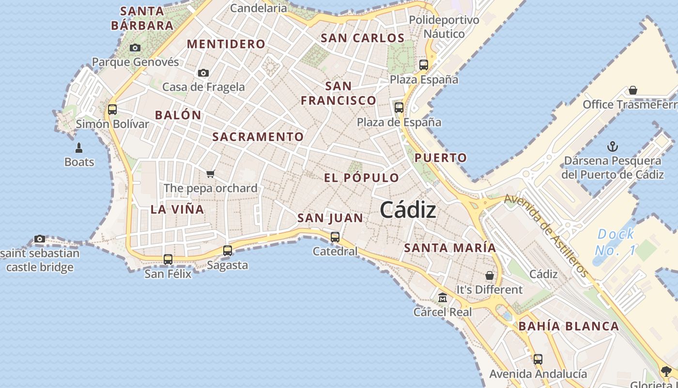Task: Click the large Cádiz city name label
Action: coord(408,210)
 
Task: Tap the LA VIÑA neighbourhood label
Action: coord(177,210)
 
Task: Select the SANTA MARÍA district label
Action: coord(450,248)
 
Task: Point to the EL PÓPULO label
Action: coord(361,178)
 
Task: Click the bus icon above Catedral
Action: coord(335,237)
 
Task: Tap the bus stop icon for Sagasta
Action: coord(227,251)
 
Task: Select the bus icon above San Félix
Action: coord(168,259)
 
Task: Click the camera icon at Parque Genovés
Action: coord(135,48)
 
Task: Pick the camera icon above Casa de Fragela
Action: coord(203,73)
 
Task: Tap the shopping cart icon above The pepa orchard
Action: coord(210,174)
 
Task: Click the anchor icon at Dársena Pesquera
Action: coord(613,146)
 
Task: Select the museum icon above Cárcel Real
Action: coord(442,297)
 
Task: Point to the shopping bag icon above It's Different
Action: coord(490,275)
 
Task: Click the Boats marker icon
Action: coord(79,147)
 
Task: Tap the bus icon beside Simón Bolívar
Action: coord(112,109)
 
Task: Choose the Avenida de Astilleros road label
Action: coord(546,235)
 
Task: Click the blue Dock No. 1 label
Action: coord(615,242)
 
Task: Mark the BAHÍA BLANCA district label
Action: coord(569,326)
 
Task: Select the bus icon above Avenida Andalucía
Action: coord(538,359)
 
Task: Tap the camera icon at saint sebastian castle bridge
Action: coord(40,239)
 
